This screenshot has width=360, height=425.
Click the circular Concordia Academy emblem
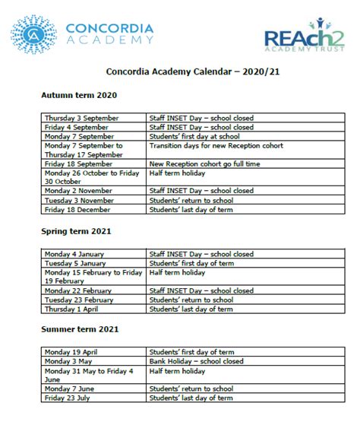point(32,36)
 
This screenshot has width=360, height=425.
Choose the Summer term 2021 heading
point(81,330)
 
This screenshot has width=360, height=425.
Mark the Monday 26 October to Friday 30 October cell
point(93,176)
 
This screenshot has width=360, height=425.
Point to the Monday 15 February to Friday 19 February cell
point(93,275)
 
